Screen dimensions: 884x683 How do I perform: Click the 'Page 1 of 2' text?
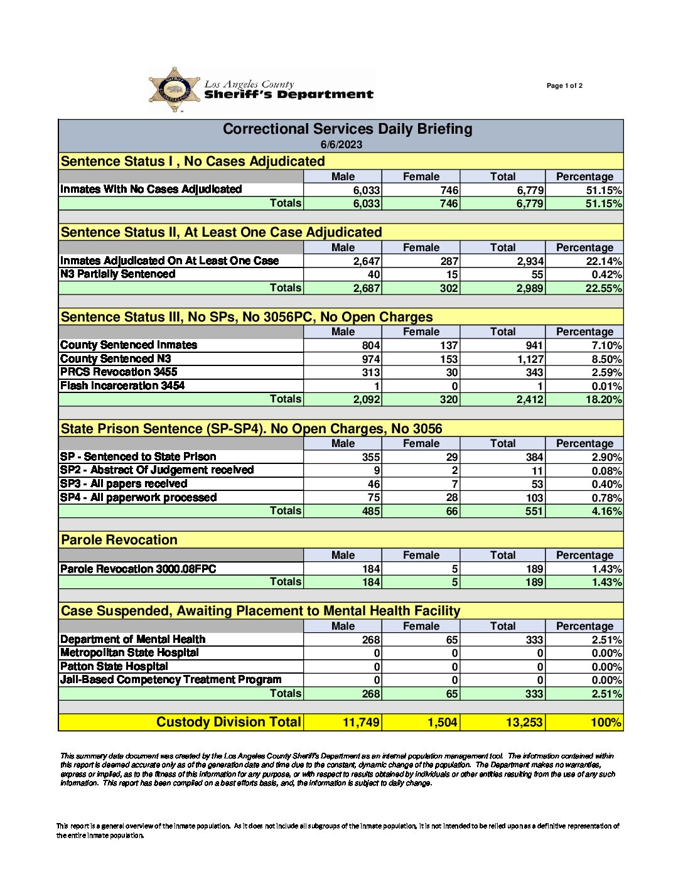(x=564, y=86)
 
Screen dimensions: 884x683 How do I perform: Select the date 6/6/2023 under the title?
(x=341, y=144)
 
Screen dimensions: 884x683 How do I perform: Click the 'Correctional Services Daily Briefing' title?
(x=347, y=129)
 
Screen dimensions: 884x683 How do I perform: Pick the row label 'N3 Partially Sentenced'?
(x=117, y=274)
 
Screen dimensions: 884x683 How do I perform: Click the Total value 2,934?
(x=530, y=261)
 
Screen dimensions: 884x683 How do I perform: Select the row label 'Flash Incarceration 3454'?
(x=122, y=386)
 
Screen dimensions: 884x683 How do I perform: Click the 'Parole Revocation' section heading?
(x=119, y=540)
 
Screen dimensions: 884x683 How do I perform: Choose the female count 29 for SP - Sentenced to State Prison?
(x=451, y=457)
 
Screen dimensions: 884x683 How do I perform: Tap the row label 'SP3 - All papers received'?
(x=124, y=484)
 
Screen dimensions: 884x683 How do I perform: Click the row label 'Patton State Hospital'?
(x=114, y=667)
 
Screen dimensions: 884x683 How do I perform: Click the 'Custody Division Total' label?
(x=229, y=723)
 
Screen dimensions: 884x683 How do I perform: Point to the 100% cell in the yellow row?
(x=606, y=723)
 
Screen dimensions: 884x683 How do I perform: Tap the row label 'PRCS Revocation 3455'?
(x=119, y=372)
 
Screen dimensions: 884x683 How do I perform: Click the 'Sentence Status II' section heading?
(x=221, y=232)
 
